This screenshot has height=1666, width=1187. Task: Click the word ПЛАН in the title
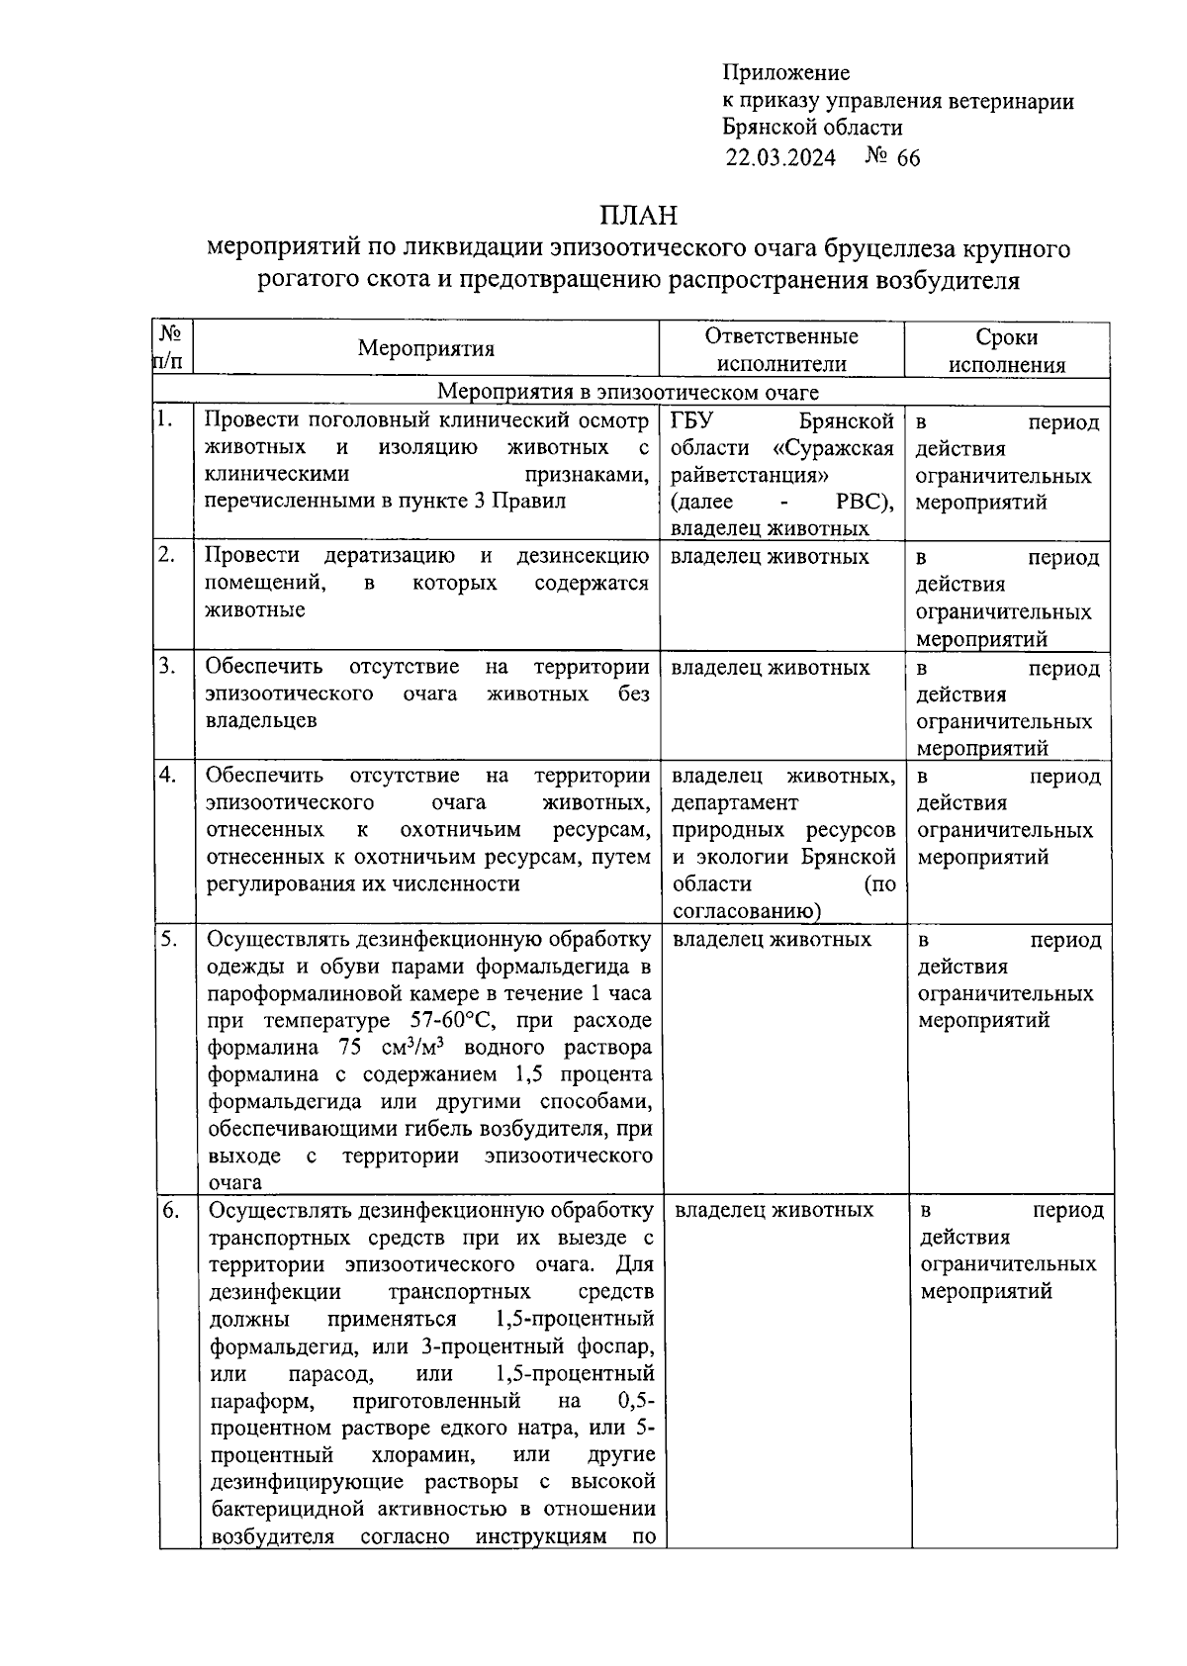[x=638, y=215]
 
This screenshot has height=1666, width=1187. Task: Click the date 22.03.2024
[x=780, y=158]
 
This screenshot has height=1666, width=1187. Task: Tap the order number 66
[x=907, y=158]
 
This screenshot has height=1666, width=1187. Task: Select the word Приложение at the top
[x=786, y=72]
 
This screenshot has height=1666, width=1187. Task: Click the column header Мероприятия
[x=426, y=348]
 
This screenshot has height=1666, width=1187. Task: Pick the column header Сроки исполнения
[x=1007, y=350]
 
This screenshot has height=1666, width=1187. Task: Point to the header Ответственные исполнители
[x=781, y=349]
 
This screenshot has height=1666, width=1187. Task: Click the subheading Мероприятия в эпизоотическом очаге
[x=628, y=393]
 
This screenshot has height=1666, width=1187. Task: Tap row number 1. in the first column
[x=165, y=419]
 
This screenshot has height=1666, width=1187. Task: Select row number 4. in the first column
[x=167, y=775]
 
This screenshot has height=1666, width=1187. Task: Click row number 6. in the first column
[x=169, y=1210]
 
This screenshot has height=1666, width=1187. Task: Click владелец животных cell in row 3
[x=770, y=668]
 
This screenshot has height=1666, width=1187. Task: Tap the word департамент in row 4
[x=735, y=802]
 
